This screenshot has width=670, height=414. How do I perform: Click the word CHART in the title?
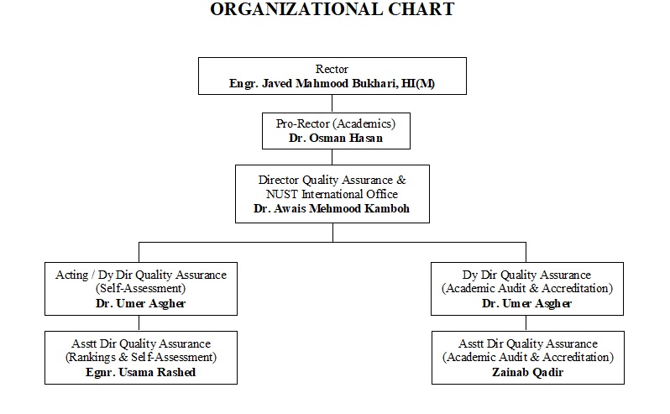pyautogui.click(x=416, y=10)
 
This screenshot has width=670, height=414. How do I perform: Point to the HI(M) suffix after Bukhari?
pyautogui.click(x=421, y=83)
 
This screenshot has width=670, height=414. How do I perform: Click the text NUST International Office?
pyautogui.click(x=332, y=194)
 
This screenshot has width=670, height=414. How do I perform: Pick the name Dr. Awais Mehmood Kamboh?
pyautogui.click(x=332, y=208)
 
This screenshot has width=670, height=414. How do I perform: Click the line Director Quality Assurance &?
pyautogui.click(x=332, y=180)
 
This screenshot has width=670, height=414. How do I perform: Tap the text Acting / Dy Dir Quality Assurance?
pyautogui.click(x=141, y=275)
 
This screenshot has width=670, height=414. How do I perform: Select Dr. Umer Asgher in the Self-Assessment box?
pyautogui.click(x=141, y=304)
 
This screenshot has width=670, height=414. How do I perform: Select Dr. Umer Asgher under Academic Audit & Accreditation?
pyautogui.click(x=527, y=304)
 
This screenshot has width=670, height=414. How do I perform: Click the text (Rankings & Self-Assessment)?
pyautogui.click(x=141, y=358)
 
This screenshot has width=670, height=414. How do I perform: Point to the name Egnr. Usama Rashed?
pyautogui.click(x=141, y=372)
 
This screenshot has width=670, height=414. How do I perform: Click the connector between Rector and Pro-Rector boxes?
pyautogui.click(x=332, y=102)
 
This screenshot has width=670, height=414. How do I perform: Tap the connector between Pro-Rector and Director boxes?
pyautogui.click(x=332, y=158)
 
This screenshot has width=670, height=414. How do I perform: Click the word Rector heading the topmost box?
pyautogui.click(x=332, y=69)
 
